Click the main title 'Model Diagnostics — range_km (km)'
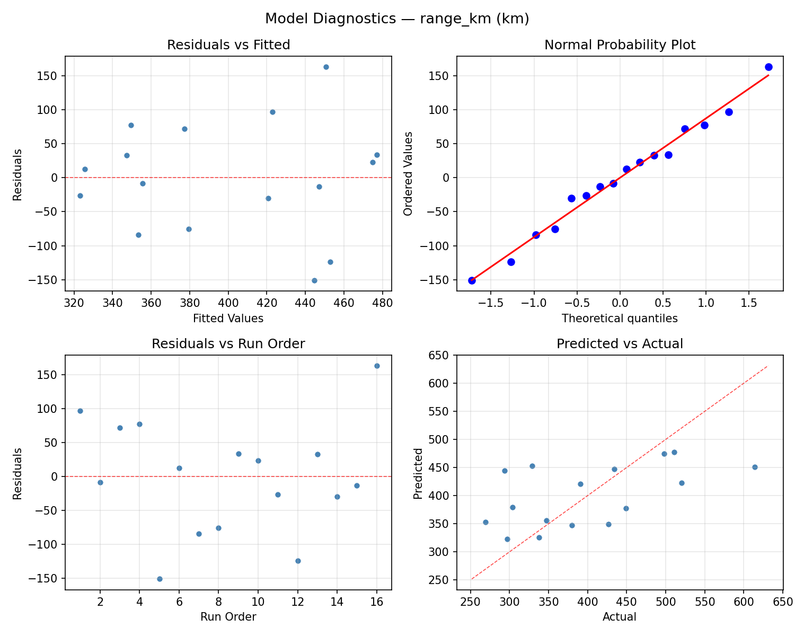[397, 19]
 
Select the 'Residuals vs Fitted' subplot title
[228, 45]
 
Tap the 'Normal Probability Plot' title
[620, 45]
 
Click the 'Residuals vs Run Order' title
[228, 344]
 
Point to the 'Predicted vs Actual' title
[620, 344]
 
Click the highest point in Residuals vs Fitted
[326, 67]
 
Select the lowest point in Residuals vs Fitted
[314, 280]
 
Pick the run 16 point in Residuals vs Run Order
[377, 366]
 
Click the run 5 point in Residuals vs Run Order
[160, 579]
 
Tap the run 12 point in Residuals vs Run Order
[298, 561]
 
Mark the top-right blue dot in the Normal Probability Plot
[768, 67]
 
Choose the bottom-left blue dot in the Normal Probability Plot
[472, 280]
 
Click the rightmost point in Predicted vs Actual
[755, 467]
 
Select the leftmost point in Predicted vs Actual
[485, 522]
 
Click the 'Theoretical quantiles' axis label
[620, 319]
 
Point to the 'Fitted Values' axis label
[228, 319]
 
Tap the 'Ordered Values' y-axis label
[408, 174]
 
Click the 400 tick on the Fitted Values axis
[228, 303]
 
